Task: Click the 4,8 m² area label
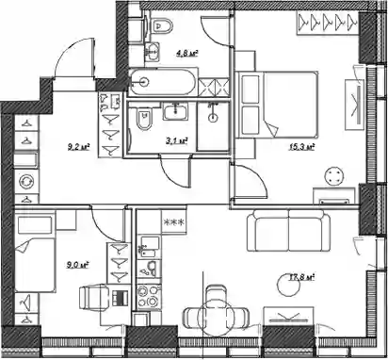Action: (186, 54)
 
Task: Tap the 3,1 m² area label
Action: (177, 140)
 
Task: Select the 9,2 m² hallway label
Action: (78, 146)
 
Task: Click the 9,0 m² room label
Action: (77, 265)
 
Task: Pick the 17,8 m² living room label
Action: (301, 277)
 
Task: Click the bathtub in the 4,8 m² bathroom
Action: (163, 82)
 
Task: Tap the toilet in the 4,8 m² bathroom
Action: (162, 25)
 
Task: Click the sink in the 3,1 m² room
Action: (175, 111)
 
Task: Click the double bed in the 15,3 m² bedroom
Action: (278, 105)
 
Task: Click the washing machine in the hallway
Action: (26, 181)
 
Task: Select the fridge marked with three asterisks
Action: (173, 222)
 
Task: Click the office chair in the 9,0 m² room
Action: (93, 297)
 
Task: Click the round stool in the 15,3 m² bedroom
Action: (332, 176)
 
